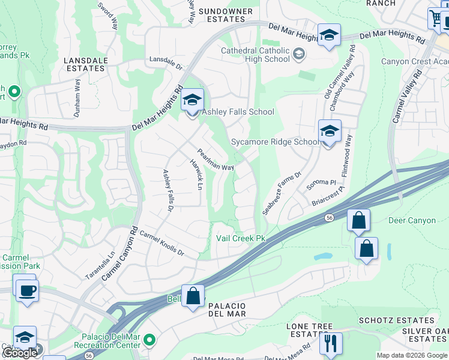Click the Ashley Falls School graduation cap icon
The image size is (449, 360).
point(193,100)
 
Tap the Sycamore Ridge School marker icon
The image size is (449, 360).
point(330,131)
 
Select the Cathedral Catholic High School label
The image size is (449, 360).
point(255,55)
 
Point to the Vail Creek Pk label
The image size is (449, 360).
point(241,238)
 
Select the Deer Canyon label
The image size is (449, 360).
point(412,221)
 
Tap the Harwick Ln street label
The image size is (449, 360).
point(194,174)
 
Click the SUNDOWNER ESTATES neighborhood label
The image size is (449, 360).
point(222,15)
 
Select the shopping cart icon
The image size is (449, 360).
point(435,18)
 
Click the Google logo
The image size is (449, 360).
point(20,353)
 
